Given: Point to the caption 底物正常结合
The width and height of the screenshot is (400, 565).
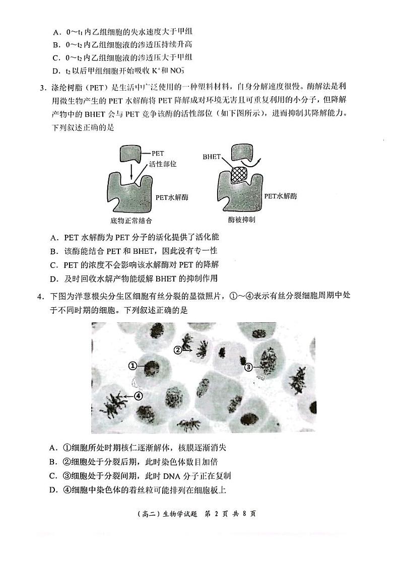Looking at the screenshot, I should point(131,220).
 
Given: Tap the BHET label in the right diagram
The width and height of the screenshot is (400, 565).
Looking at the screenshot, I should point(211,157).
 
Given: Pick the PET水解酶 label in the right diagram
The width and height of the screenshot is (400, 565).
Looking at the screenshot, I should point(281,196).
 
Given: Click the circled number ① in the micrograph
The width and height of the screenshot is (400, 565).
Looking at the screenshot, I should point(132,366).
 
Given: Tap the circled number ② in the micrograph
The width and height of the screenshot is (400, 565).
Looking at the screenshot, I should point(177,349).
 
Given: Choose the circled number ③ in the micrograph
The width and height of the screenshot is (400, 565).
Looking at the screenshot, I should point(248,367).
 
